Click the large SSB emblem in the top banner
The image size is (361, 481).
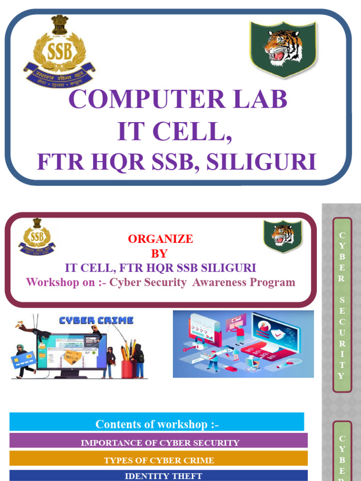[58, 53]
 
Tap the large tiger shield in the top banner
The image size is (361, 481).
[283, 48]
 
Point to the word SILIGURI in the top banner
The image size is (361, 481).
[261, 162]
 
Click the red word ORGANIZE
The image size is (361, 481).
[160, 239]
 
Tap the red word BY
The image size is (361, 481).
[159, 253]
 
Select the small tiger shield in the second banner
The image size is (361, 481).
[283, 236]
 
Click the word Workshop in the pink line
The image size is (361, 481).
[47, 282]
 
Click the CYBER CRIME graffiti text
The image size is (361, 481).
[96, 320]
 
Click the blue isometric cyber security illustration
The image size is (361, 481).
[243, 344]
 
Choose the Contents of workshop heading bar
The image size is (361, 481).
[157, 424]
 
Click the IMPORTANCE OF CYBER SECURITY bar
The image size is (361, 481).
[159, 442]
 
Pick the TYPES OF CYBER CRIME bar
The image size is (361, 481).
[159, 460]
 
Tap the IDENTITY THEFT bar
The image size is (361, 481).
[159, 476]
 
